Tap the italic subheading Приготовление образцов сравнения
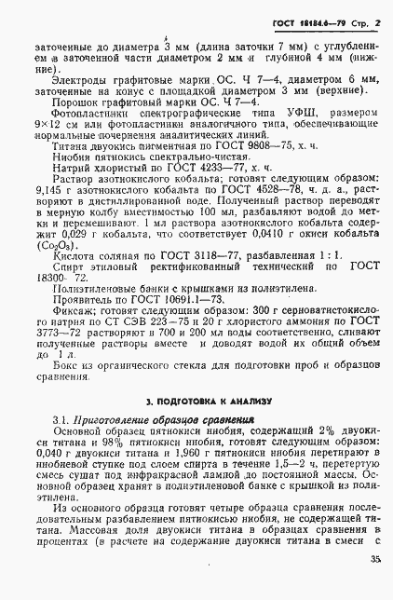pyautogui.click(x=163, y=420)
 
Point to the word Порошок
pyautogui.click(x=75, y=103)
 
